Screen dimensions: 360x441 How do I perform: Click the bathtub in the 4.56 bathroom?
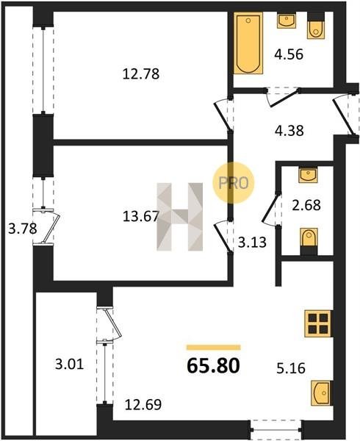248,43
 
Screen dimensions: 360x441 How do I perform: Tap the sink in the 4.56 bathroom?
287,21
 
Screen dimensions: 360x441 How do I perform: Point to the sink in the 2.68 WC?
308,174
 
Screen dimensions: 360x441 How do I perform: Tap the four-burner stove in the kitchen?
318,323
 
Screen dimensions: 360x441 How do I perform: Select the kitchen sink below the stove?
322,393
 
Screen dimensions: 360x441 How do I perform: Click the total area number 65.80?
213,365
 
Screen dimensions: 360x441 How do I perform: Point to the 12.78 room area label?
141,74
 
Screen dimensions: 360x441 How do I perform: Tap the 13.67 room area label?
141,217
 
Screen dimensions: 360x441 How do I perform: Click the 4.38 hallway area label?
289,131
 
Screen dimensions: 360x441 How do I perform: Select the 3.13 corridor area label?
252,242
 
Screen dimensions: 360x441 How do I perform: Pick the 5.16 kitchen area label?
291,368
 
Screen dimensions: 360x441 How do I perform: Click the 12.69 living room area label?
143,405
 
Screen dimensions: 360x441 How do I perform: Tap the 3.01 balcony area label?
69,365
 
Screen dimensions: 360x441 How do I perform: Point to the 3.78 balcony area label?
23,229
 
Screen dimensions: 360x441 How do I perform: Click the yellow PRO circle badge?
233,183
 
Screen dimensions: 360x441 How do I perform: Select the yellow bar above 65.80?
214,348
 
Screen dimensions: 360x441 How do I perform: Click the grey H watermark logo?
180,217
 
